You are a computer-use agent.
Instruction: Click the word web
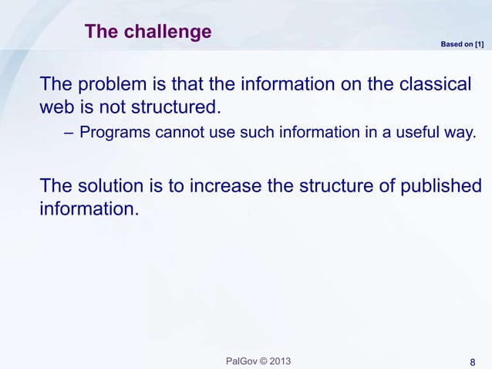click(56, 105)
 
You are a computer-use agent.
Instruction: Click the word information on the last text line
click(89, 208)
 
